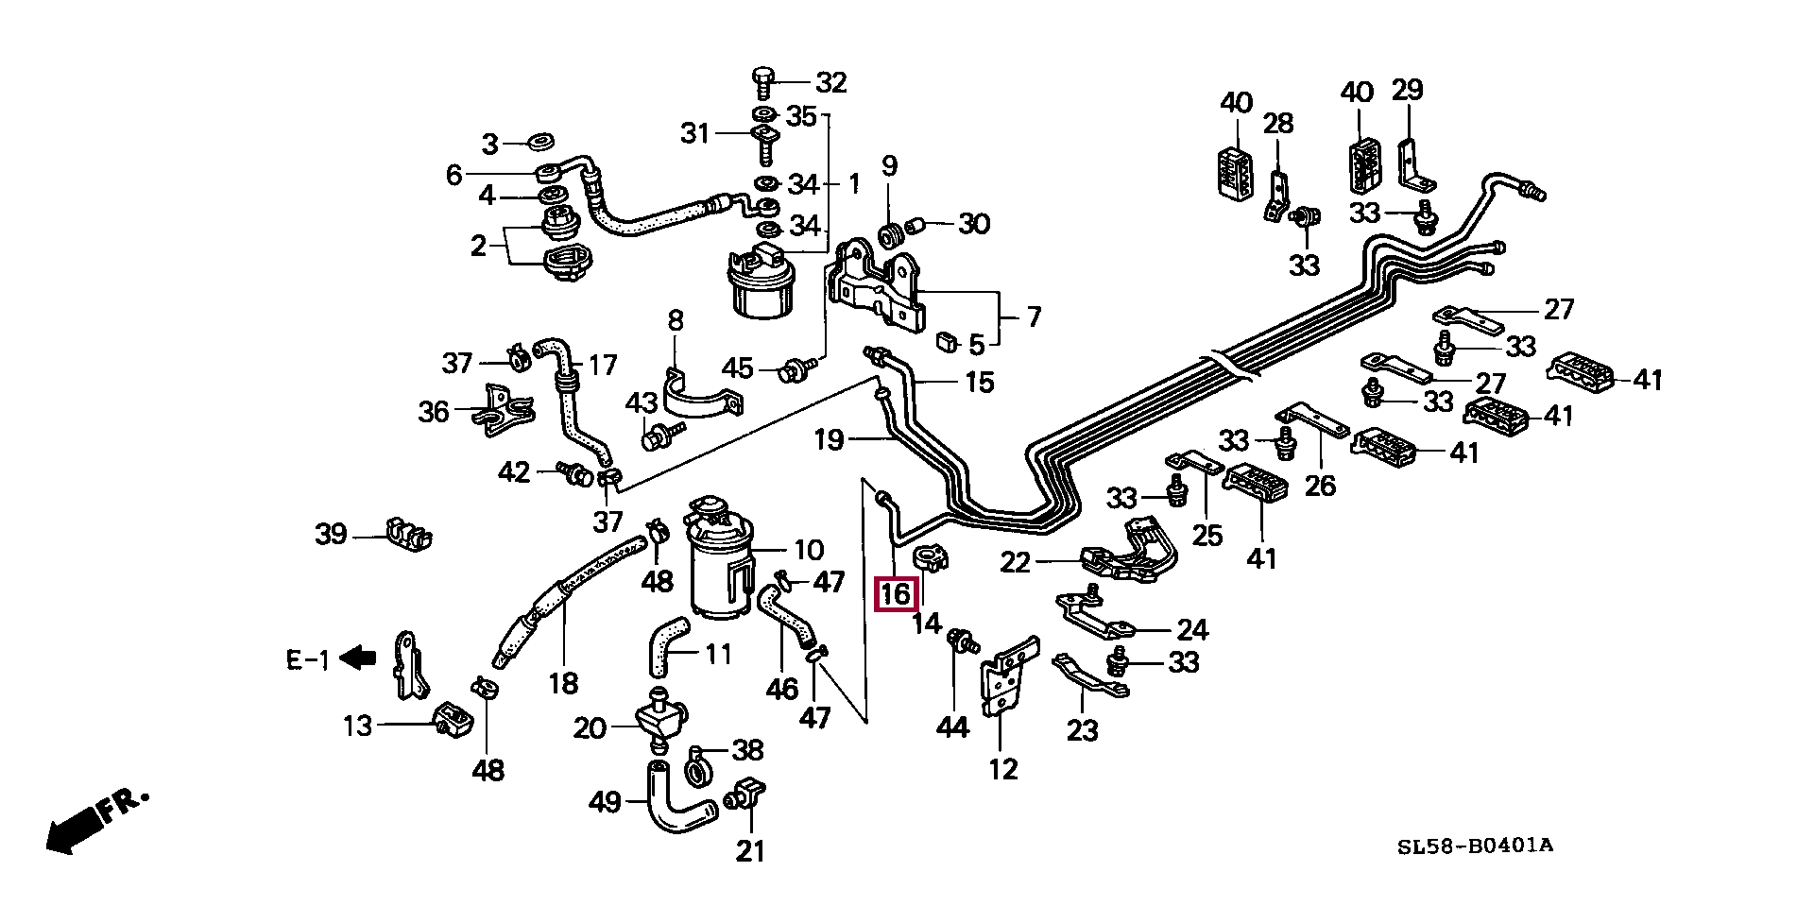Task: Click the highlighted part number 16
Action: click(x=895, y=594)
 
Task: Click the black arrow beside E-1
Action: click(x=357, y=657)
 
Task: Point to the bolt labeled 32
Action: click(x=764, y=82)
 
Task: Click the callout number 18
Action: click(x=563, y=682)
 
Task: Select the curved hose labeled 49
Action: click(x=676, y=800)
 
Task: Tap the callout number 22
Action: click(x=1016, y=562)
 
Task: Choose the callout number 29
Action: click(x=1407, y=91)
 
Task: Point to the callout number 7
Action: click(x=1033, y=317)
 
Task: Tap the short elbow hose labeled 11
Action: click(x=668, y=646)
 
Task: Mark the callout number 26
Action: click(x=1320, y=486)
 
